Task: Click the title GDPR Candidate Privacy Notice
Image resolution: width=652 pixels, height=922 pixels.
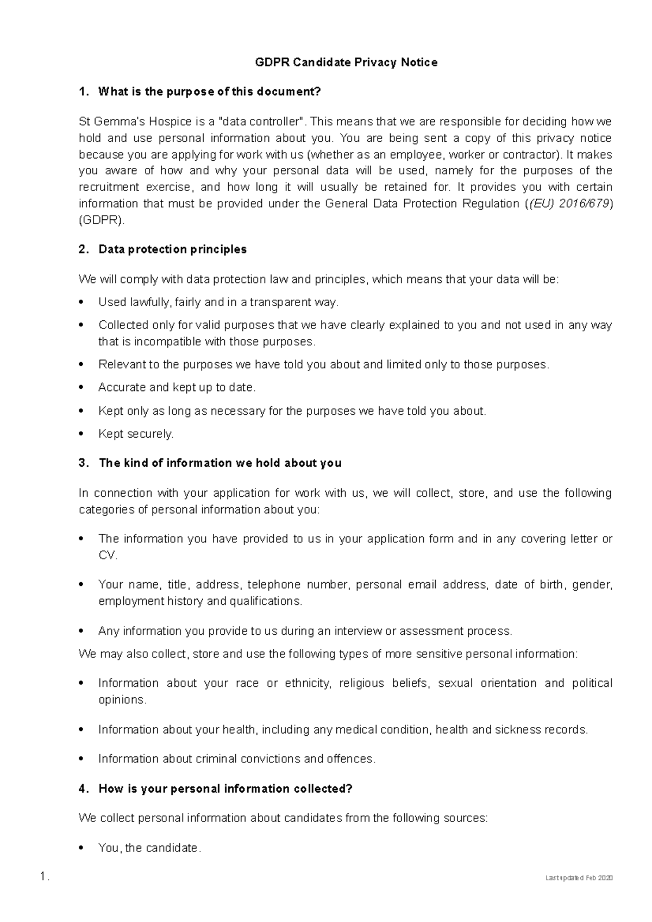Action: (346, 62)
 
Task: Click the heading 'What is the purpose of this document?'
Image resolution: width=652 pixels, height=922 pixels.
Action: (209, 92)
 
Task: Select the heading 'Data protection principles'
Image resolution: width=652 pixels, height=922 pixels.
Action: (172, 249)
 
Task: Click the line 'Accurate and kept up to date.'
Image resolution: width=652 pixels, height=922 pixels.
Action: (177, 388)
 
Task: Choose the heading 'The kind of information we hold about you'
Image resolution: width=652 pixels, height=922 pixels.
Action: (220, 463)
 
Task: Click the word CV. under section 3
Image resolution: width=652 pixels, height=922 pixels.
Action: (108, 555)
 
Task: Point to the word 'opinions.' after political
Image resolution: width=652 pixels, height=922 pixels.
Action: (122, 700)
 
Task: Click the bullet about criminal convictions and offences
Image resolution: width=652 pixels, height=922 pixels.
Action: (236, 759)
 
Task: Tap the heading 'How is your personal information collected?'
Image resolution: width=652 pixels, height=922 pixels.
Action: (225, 789)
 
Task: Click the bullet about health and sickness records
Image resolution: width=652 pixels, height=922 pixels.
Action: (343, 730)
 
